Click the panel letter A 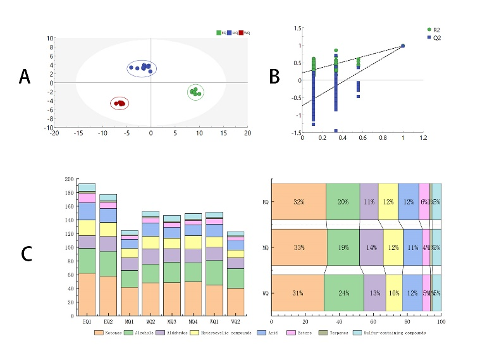25,77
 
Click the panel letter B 274,77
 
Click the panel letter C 26,254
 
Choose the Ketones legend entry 111,333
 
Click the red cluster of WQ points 120,103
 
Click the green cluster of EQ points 195,92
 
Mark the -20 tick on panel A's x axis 54,133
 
